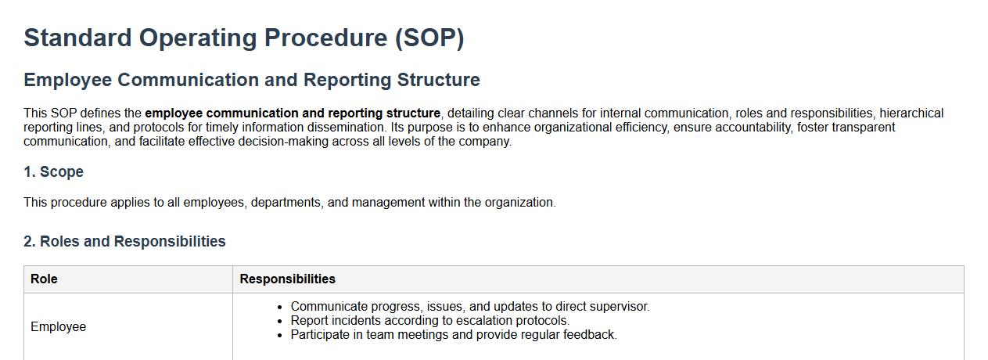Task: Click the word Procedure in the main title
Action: coord(325,38)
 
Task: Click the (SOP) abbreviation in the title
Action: coord(429,38)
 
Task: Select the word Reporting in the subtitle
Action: coord(347,81)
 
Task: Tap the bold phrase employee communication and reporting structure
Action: coord(293,113)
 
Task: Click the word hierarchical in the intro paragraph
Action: coord(911,113)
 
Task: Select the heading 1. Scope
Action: coord(53,171)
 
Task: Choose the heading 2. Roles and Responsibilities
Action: coord(124,241)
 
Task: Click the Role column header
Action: coord(44,279)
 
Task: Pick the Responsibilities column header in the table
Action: coord(287,279)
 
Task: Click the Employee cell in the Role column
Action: coord(58,327)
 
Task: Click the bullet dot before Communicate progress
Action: coord(279,308)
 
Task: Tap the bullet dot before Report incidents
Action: coord(279,322)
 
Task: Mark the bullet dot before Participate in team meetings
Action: coord(279,336)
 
